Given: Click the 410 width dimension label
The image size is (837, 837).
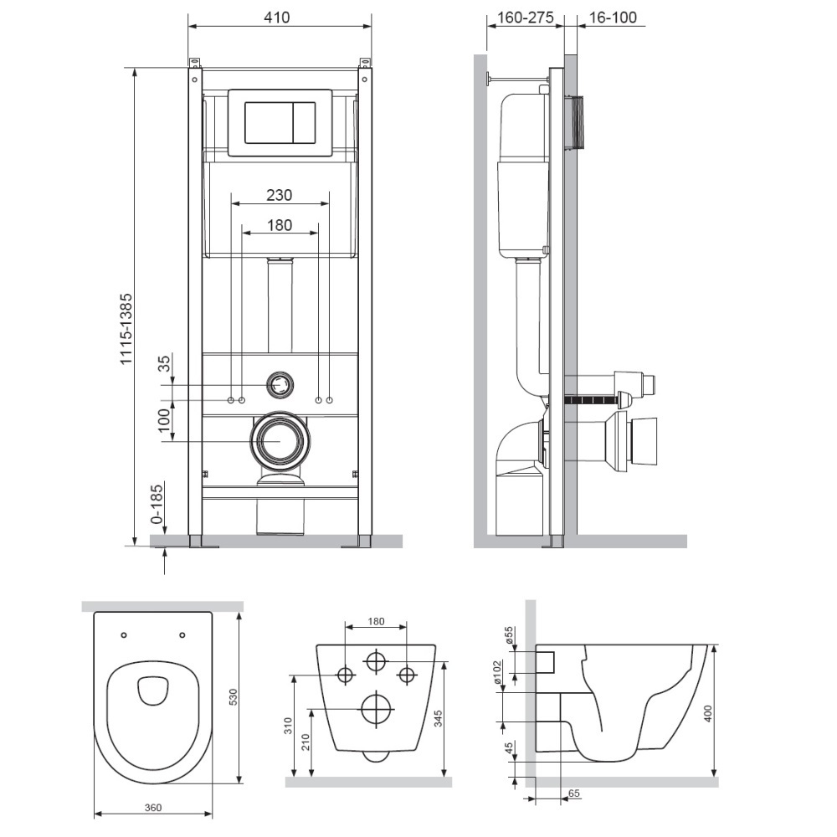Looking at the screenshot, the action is click(277, 17).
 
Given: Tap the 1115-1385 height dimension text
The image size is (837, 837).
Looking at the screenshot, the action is click(126, 329).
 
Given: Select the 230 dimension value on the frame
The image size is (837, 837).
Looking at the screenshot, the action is click(280, 195).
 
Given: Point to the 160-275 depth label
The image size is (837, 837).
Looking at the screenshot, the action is click(526, 17).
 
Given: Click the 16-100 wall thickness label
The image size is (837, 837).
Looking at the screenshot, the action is click(613, 17).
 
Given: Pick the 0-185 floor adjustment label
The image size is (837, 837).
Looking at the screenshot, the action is click(157, 503).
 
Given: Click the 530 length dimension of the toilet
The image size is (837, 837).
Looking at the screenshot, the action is click(233, 698).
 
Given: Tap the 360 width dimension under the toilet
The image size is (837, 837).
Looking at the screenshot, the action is click(152, 808).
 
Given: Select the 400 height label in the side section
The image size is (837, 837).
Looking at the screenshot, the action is click(708, 714).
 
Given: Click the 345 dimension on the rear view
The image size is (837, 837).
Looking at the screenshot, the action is click(439, 718).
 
